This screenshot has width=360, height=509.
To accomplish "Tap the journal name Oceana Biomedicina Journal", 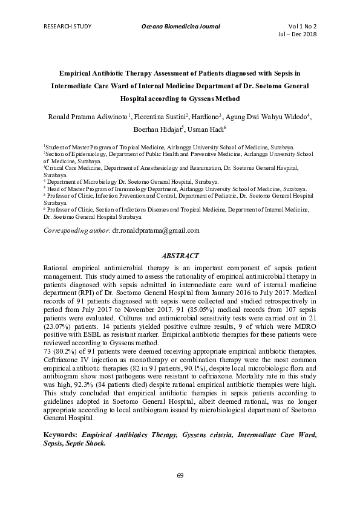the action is pos(180,27).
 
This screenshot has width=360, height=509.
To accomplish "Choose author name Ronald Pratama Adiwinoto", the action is pos(83,116).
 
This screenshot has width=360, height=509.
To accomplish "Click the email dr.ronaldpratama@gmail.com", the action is pos(156,230).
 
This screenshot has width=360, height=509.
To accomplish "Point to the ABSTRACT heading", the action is pos(180,256).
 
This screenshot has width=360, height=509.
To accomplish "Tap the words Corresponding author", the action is pos(76,230).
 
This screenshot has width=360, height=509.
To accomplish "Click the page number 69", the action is pos(180,475).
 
